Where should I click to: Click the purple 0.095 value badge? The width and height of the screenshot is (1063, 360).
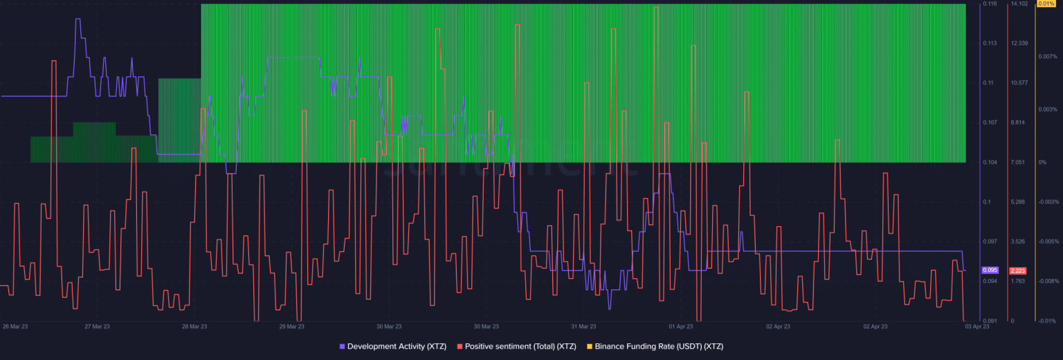coord(990,270)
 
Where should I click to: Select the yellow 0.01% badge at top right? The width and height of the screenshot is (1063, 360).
coord(1044,4)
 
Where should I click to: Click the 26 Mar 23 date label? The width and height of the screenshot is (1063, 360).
coord(15,326)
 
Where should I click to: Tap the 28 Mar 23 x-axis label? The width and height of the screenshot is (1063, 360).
coord(194,326)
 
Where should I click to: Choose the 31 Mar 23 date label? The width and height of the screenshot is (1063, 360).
coord(583,326)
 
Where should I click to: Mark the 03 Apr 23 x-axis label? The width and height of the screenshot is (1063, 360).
coord(976,326)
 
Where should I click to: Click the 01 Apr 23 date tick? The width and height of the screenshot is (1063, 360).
coord(681,326)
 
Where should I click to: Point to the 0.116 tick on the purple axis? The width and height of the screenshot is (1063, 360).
coord(989,4)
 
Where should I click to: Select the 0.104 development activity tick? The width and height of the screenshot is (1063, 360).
coord(989,162)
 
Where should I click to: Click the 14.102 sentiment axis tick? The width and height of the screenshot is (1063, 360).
coord(1019,4)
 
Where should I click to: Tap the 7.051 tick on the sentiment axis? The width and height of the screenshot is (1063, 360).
coord(1018,162)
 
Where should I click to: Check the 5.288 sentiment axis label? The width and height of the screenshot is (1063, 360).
coord(1018,202)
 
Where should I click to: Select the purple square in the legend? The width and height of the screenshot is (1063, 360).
coord(342,345)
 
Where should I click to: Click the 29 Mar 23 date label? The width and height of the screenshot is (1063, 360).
coord(291,326)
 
